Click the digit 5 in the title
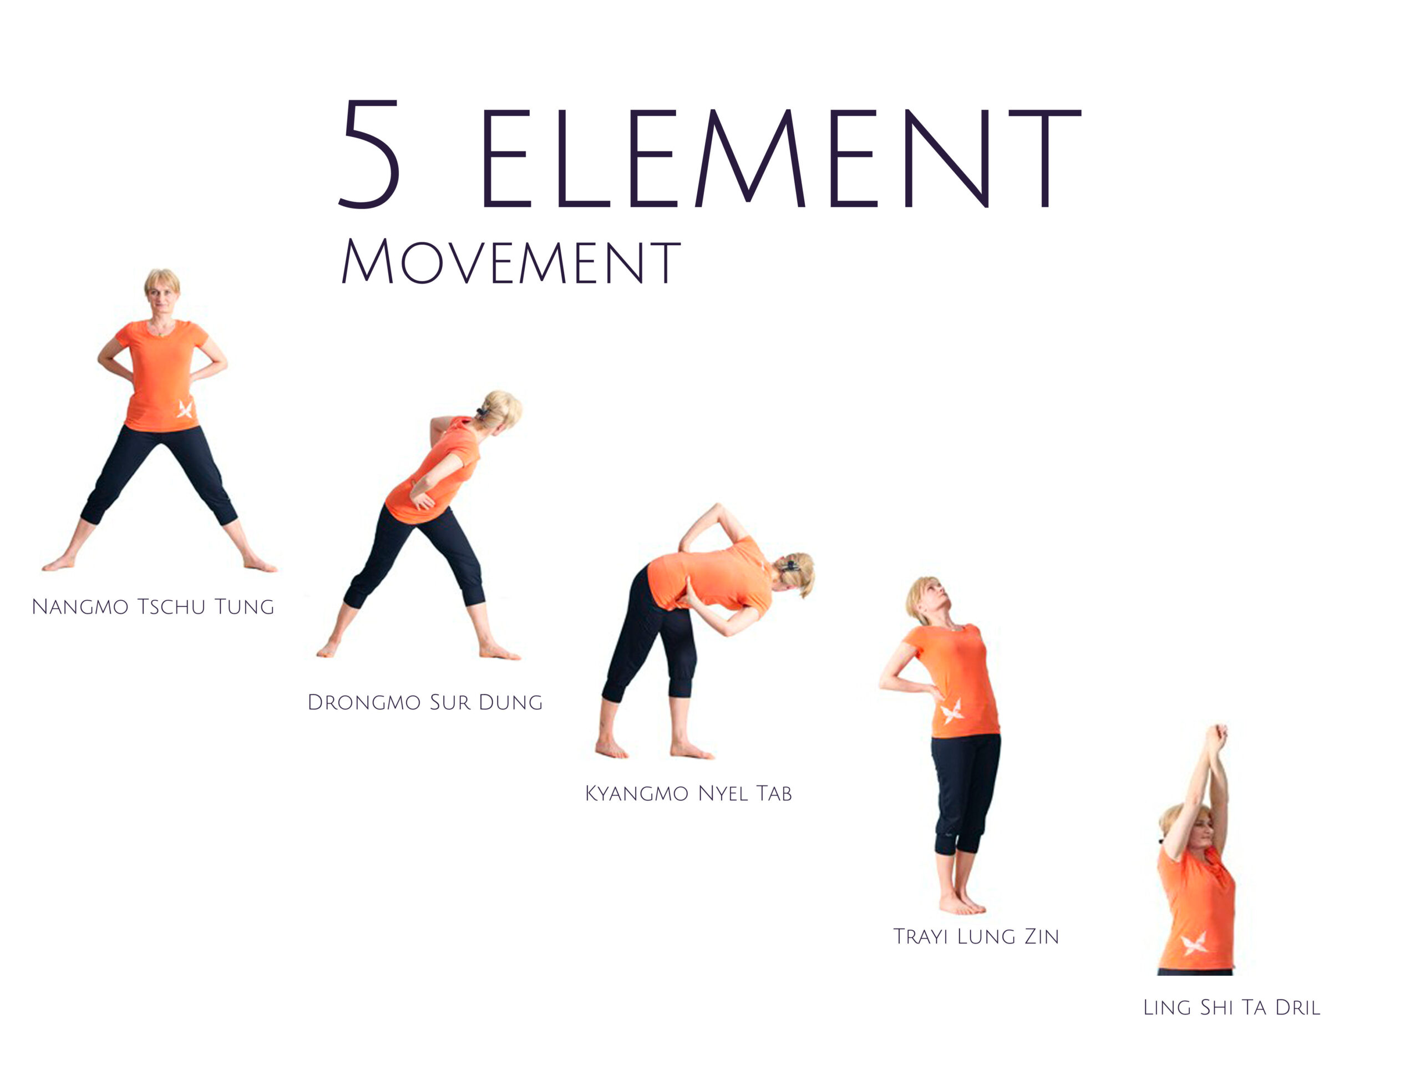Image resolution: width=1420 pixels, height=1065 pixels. tap(370, 154)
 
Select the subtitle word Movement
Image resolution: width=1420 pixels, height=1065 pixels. tap(510, 261)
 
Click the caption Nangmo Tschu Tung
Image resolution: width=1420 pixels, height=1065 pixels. tap(153, 607)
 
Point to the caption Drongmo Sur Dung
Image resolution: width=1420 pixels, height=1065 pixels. tap(425, 702)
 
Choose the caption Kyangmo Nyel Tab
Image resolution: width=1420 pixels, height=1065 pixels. tap(688, 793)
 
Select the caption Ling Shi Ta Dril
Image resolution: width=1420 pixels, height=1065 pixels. tap(1231, 1007)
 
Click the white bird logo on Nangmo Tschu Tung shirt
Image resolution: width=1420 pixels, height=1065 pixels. tap(185, 409)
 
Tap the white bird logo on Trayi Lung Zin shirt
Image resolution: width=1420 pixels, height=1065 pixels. tap(952, 711)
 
